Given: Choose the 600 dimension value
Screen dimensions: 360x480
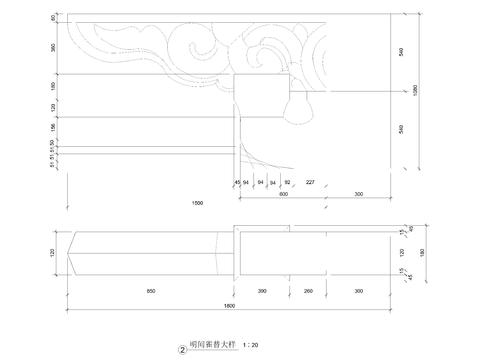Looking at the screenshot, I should pos(283,193).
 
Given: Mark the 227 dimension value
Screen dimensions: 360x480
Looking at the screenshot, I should pos(310,182).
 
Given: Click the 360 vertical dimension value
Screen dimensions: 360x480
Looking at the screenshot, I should pos(54,48).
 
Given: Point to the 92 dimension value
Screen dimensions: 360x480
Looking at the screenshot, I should pos(288,182).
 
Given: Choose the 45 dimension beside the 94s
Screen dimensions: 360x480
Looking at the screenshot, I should pos(237,182).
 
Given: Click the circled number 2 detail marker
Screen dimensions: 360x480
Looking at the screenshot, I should pos(182,350).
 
